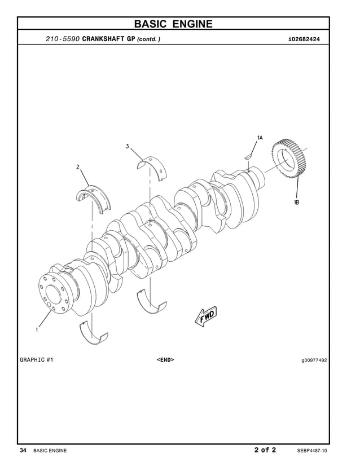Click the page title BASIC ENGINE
[173, 24]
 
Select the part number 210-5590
[63, 39]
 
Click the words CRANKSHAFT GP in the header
[108, 39]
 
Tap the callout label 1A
[260, 138]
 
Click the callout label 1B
[296, 203]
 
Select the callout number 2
[78, 167]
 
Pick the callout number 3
[128, 147]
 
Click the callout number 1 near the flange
[37, 330]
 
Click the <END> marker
[165, 359]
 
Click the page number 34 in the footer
[23, 450]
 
